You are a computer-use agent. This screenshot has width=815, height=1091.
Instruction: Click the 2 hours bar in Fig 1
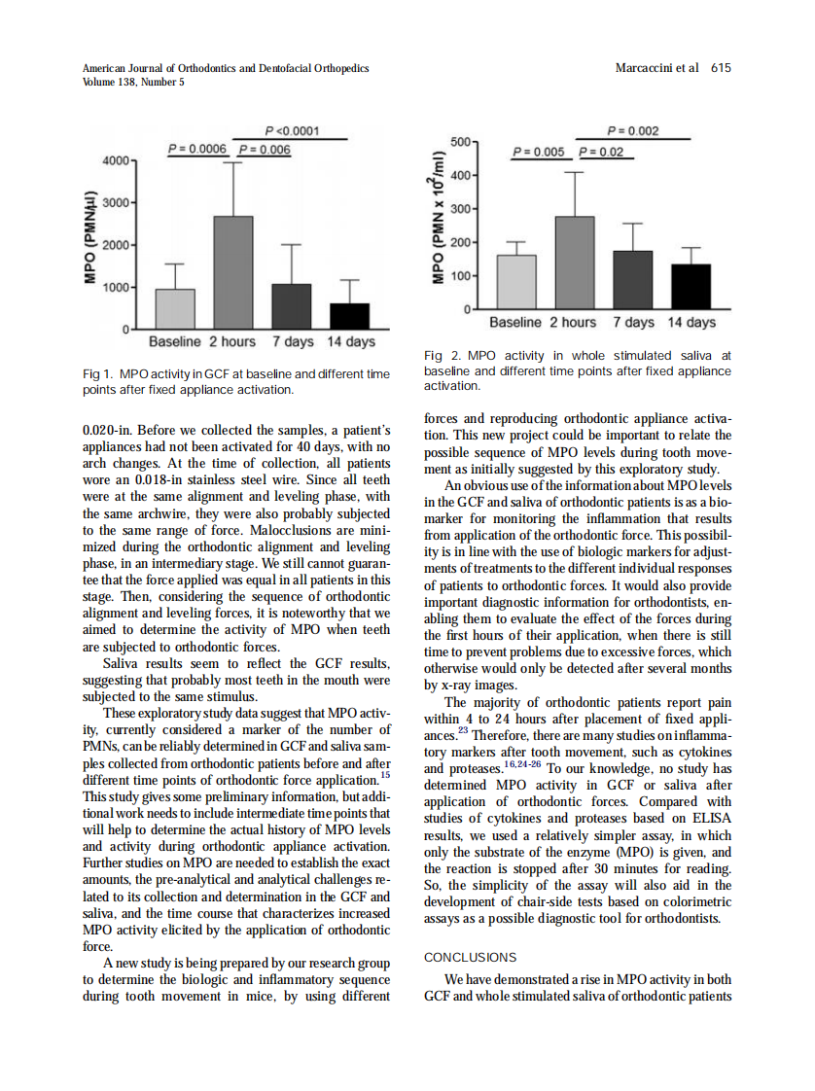(232, 273)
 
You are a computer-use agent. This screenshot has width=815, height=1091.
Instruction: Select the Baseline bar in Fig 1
(175, 309)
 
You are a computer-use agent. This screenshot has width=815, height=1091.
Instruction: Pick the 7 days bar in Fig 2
(633, 280)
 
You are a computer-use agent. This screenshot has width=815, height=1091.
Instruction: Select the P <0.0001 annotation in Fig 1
(291, 131)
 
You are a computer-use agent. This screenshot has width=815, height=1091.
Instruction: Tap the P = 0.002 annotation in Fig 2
(633, 130)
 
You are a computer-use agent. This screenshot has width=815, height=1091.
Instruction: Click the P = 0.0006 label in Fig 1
(196, 149)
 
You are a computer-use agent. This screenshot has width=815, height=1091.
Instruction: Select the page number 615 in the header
(720, 68)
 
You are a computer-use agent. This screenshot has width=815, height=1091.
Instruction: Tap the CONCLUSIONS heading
(471, 958)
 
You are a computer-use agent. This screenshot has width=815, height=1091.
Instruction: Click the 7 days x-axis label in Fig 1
(293, 342)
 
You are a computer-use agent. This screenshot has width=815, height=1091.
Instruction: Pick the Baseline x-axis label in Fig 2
(515, 322)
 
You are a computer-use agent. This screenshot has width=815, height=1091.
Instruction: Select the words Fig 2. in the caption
(443, 357)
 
